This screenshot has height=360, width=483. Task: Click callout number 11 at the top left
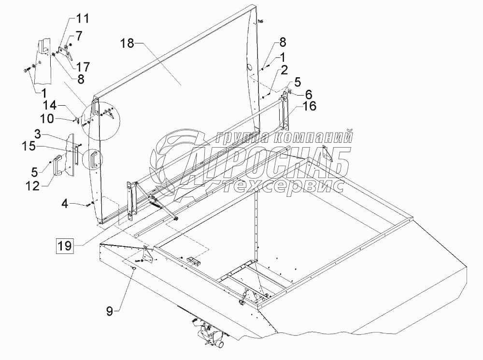click(x=83, y=20)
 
